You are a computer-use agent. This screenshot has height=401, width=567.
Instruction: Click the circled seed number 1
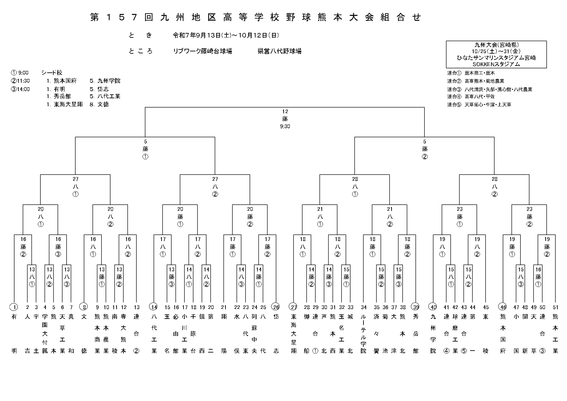(x=14, y=307)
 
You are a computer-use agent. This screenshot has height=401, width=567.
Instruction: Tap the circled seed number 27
(x=293, y=307)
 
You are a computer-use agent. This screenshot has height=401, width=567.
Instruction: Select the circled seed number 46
(x=503, y=307)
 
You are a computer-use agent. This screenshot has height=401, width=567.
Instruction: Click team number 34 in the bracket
(x=364, y=307)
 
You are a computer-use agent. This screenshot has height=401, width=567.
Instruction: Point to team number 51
(x=555, y=307)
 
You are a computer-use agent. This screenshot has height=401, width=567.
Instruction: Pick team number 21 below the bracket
(x=224, y=307)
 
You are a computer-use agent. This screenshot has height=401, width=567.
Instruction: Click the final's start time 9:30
(x=285, y=126)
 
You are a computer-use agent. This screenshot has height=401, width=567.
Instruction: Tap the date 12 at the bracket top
(x=285, y=111)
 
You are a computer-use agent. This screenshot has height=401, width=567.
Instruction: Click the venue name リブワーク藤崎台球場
(x=203, y=51)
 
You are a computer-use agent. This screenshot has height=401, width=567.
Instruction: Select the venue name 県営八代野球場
(x=279, y=51)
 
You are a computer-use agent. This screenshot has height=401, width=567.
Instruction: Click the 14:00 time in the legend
(x=20, y=89)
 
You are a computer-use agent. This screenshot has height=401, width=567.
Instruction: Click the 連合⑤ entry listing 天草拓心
(x=479, y=105)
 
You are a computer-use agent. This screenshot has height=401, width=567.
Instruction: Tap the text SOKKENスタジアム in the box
(x=496, y=64)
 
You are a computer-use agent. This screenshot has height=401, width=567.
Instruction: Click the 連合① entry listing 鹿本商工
(x=471, y=73)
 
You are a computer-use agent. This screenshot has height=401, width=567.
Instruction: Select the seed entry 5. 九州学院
(x=105, y=81)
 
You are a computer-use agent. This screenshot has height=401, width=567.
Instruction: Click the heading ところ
(x=141, y=51)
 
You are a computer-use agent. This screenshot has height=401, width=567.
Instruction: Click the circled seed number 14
(x=154, y=307)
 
